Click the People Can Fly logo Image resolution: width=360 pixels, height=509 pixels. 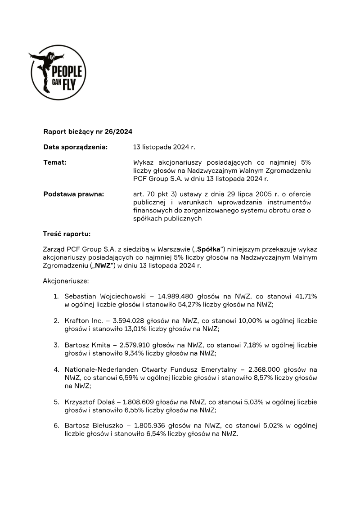click(x=58, y=72)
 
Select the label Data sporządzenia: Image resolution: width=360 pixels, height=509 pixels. click(x=75, y=147)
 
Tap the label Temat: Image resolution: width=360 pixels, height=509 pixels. click(x=55, y=162)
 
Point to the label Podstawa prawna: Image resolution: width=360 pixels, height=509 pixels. click(x=73, y=194)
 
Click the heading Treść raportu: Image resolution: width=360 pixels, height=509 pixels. click(x=67, y=234)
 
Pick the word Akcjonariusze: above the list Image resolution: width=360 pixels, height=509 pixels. click(x=66, y=281)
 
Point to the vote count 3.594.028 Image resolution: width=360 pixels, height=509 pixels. click(x=133, y=321)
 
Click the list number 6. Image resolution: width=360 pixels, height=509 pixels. click(x=56, y=426)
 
